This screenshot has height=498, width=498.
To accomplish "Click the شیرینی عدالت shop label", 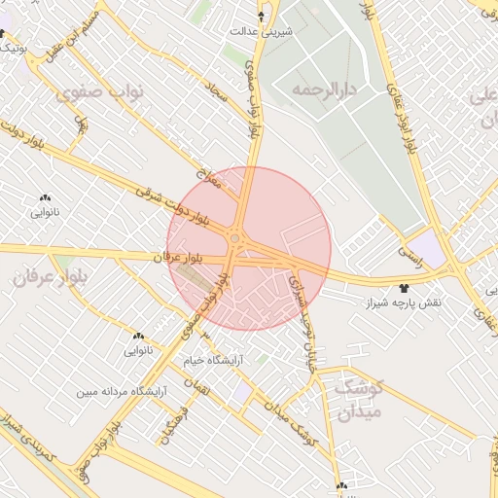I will click(261, 31).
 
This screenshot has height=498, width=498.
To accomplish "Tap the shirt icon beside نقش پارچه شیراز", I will click(406, 289).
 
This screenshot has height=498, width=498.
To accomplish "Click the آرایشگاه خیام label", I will click(213, 359).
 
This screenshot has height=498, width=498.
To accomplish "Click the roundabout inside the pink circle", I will click(235, 237).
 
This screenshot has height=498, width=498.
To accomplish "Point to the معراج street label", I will click(209, 179).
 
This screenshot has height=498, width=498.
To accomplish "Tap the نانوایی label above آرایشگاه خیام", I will click(137, 347).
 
